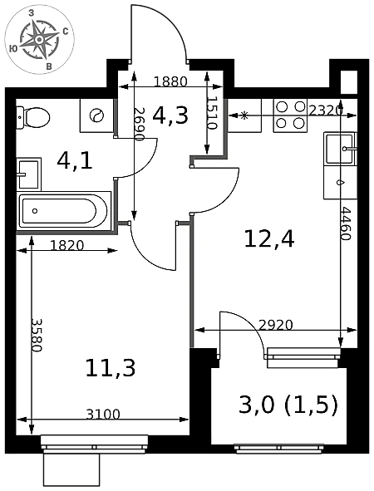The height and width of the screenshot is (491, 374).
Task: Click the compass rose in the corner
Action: coord(39,40)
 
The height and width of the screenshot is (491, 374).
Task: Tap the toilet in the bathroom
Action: coord(33,117)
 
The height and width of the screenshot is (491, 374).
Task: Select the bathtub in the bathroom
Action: coord(64,211)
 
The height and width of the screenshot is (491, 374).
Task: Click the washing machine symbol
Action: coord(96,115)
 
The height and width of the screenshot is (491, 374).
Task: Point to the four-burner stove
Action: coord(291,115)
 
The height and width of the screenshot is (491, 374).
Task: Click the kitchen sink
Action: coord(341,149)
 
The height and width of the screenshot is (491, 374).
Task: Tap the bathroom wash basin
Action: coord(28,174)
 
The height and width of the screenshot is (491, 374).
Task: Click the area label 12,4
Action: coord(269,239)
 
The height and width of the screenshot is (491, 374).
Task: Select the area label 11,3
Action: coord(111,368)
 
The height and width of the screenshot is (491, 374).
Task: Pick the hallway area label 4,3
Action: coord(170,115)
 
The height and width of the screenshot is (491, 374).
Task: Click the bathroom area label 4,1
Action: coord(75,161)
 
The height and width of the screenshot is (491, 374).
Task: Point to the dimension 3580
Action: coord(37,336)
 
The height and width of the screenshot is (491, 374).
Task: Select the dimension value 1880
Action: coord(170,81)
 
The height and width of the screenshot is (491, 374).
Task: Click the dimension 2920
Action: coord(276,325)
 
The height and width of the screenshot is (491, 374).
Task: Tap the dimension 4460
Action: coord(346,223)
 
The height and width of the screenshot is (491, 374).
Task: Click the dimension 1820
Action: coord(67,246)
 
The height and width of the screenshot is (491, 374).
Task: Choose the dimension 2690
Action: coord(139,125)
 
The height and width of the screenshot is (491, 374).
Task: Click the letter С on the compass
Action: coord(66,31)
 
